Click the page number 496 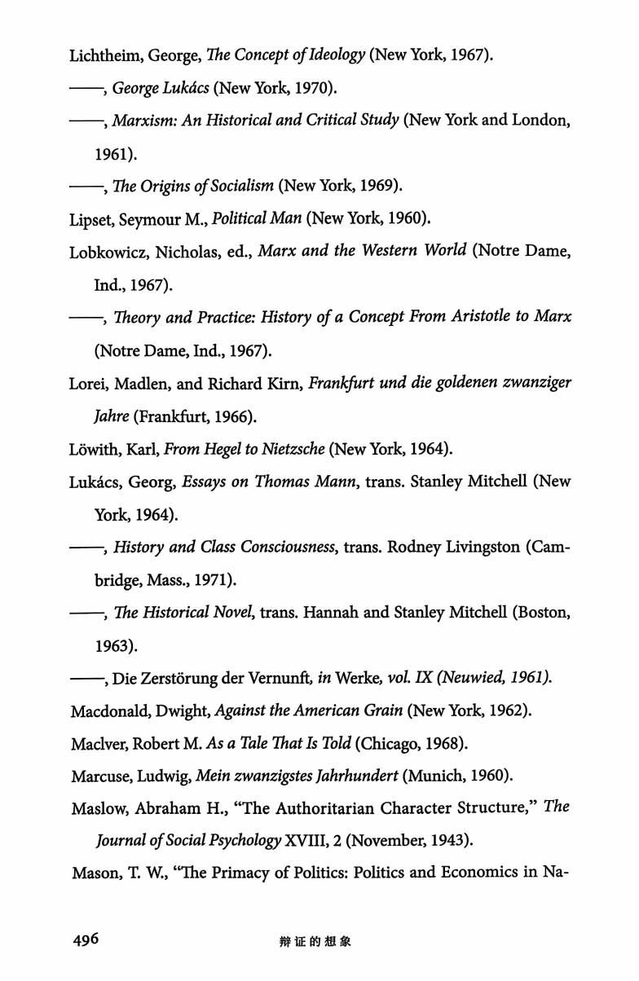pos(85,939)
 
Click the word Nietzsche pos(280,449)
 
